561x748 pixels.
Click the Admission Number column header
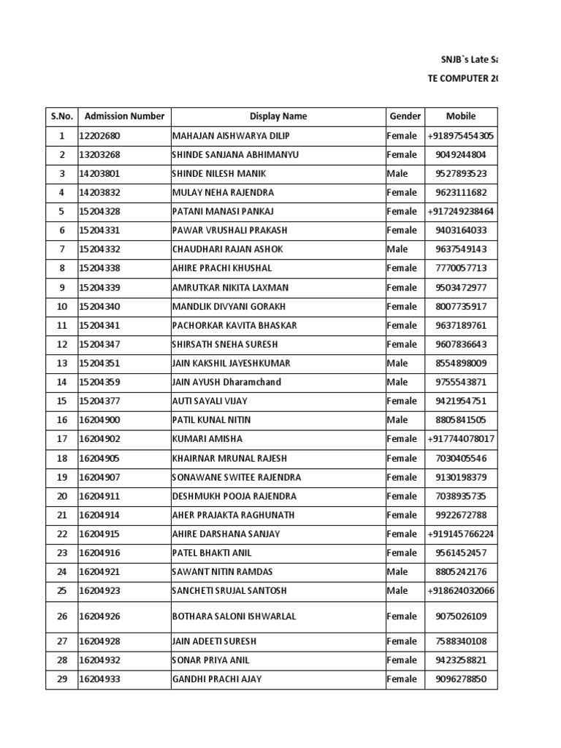point(124,116)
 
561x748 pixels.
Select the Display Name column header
point(278,116)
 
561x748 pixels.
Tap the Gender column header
point(405,116)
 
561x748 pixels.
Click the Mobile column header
point(461,116)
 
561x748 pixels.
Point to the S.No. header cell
point(62,116)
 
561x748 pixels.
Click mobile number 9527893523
point(461,174)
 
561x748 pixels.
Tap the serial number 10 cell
point(62,306)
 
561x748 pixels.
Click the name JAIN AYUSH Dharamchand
point(226,382)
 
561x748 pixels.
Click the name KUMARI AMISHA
point(207,439)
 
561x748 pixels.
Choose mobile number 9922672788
point(461,515)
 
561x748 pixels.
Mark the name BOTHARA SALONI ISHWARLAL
point(234,617)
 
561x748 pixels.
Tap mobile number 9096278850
point(461,679)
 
